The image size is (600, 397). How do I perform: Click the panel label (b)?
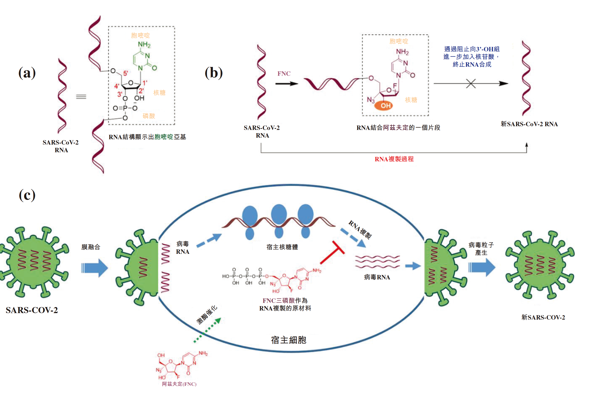[x=214, y=73]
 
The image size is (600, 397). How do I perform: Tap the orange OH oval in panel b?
[x=383, y=105]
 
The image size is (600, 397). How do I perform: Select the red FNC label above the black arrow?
[x=284, y=74]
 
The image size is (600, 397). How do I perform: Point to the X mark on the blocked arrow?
[x=471, y=83]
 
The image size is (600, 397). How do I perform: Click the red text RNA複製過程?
[x=394, y=159]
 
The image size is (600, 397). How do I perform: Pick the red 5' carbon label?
[x=125, y=73]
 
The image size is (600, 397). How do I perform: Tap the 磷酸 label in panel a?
[x=149, y=116]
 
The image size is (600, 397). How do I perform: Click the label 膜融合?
[x=91, y=247]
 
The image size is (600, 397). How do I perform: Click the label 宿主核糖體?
[x=282, y=247]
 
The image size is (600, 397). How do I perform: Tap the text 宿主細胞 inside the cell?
[x=288, y=340]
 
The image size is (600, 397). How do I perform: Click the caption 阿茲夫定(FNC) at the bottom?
[x=179, y=384]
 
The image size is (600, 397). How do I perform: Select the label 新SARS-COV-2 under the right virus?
[x=543, y=317]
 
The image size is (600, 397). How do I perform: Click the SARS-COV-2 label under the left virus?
[x=32, y=310]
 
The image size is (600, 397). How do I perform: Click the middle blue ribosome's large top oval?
[x=279, y=214]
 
